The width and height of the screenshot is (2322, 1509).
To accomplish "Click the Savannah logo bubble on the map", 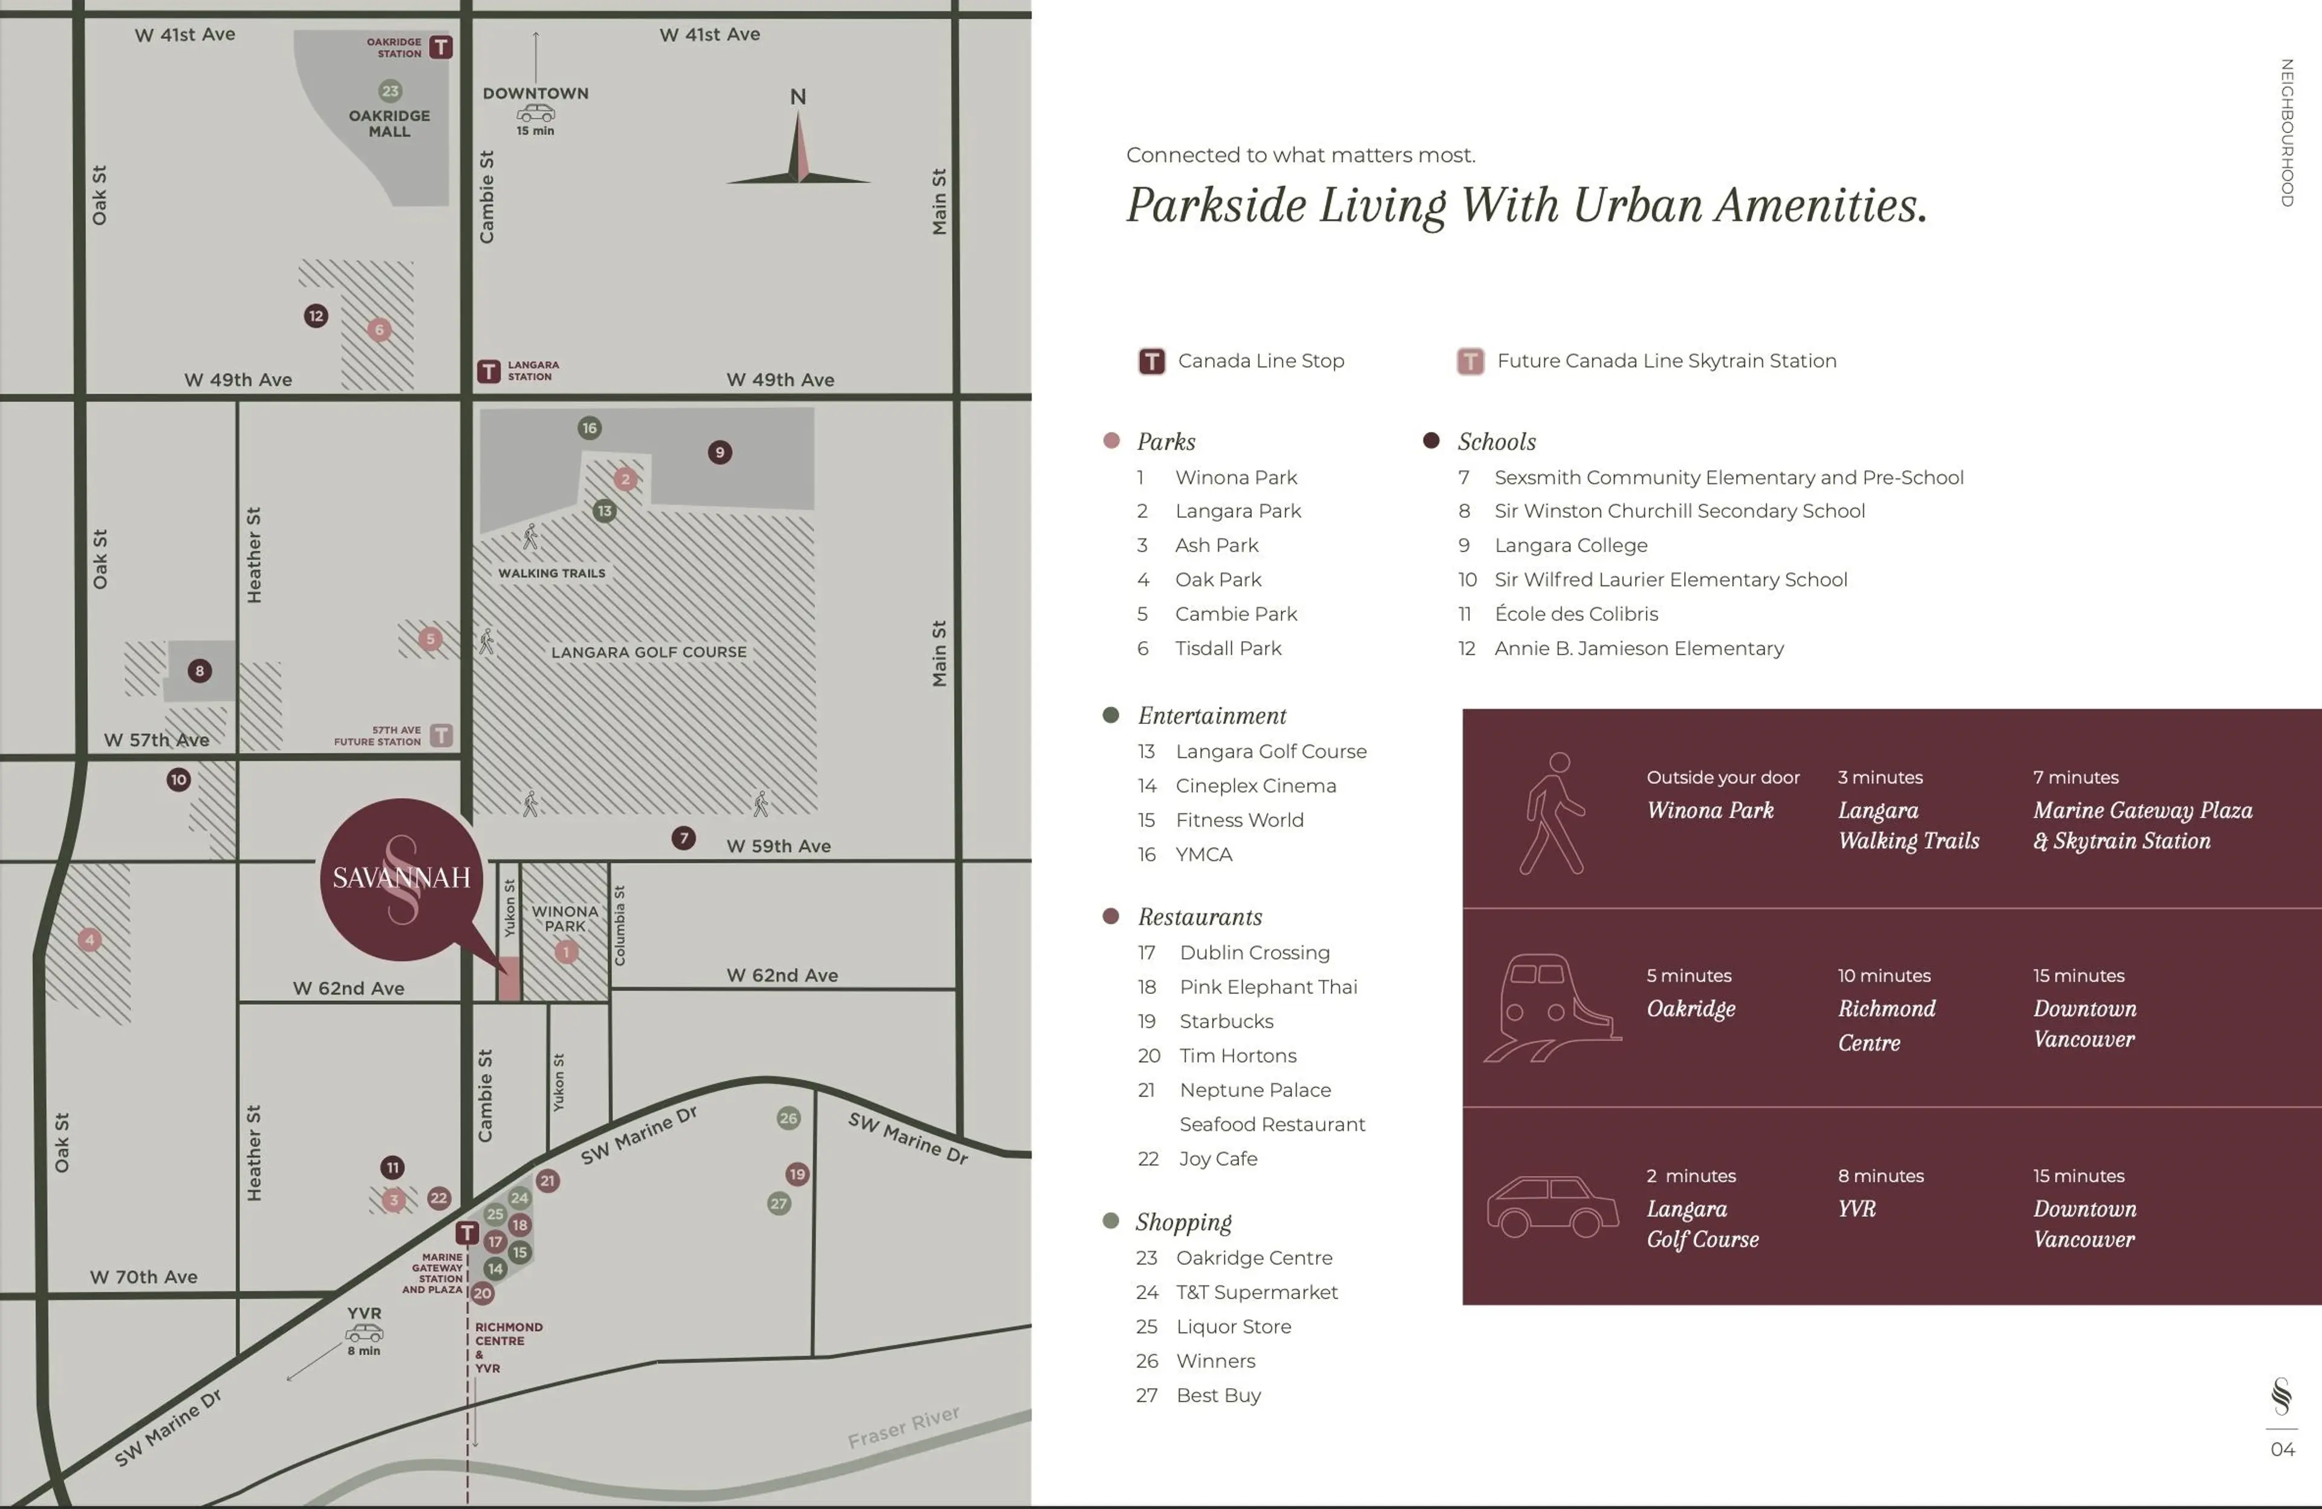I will pos(401,878).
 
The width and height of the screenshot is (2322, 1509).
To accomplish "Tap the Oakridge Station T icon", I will pos(441,47).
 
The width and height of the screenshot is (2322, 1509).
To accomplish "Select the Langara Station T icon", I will pos(489,371).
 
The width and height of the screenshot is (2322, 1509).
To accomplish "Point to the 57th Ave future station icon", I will pos(441,735).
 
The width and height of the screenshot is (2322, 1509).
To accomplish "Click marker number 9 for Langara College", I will pos(720,452).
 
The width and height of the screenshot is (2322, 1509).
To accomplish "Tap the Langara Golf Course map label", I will pos(649,652).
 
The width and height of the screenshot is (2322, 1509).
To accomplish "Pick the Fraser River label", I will pos(903,1427).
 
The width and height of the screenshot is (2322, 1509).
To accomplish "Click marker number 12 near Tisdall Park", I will pos(316,315).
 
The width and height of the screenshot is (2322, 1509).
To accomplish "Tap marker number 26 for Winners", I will pos(789,1118).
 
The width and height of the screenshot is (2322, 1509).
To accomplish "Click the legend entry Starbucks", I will pos(1226,1021).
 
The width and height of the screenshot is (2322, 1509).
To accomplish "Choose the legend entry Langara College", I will pos(1571,546).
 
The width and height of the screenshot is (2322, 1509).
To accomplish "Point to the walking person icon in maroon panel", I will pos(1553,813).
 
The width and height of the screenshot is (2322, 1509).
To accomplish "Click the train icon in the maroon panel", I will pos(1551,1007).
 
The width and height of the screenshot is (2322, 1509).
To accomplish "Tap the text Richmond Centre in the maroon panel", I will pos(1886,1025).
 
